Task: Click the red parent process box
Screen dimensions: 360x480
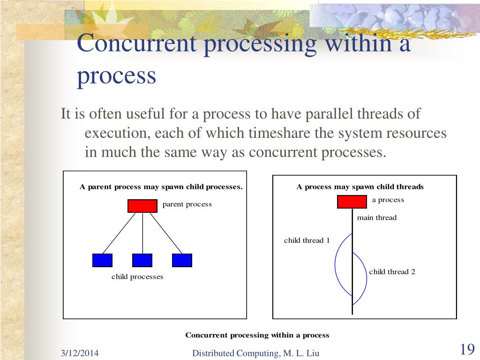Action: [142, 206]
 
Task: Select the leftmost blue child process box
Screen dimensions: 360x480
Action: [102, 260]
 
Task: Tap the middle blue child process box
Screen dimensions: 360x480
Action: [142, 260]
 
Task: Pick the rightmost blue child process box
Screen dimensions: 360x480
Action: [182, 260]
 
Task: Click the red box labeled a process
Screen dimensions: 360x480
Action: [352, 202]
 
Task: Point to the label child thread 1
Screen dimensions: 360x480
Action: [307, 240]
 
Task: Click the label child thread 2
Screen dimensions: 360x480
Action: [392, 272]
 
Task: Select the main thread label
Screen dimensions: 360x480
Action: [376, 217]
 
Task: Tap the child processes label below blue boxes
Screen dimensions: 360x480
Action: [137, 277]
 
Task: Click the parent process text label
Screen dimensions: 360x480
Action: [187, 204]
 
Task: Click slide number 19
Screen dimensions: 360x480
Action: [467, 350]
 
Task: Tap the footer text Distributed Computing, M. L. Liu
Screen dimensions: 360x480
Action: [255, 353]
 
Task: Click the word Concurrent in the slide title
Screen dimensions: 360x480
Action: [136, 45]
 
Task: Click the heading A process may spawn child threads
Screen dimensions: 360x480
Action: [360, 187]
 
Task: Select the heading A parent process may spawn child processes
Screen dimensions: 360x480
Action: [161, 187]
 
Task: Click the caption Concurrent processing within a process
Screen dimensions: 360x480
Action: [257, 335]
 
